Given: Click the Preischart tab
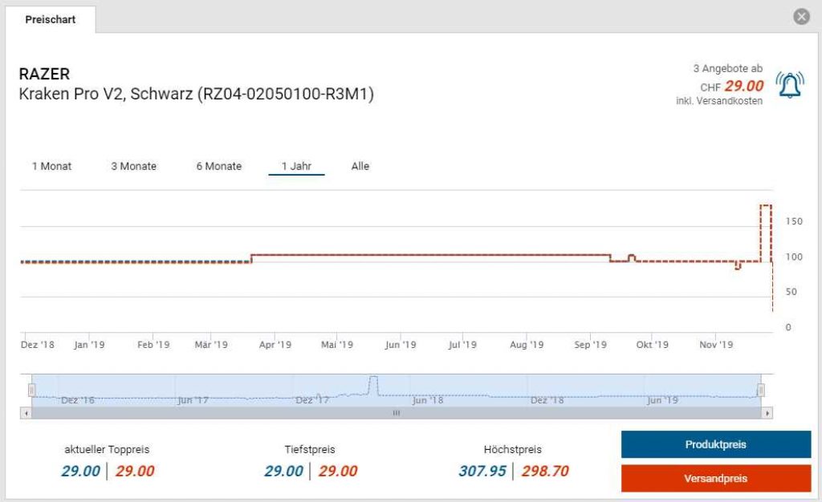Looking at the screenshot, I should pos(50,19).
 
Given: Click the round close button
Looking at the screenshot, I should pos(801,17).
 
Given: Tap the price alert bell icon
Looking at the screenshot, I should pos(789,85).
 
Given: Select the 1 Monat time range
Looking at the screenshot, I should pos(51,166).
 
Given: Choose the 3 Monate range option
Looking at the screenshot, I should pos(133,166).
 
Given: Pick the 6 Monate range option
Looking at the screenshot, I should pos(218,166).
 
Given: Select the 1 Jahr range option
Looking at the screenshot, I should pos(296,166).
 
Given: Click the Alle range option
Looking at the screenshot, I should pos(360,166).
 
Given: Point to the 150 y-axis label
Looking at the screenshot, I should pos(793,221).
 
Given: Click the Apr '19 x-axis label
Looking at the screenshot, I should pos(275,345).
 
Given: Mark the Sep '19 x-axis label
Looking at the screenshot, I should pos(590,345).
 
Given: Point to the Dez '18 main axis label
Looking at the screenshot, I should pos(37,345).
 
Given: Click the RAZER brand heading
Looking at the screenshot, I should pos(44,75).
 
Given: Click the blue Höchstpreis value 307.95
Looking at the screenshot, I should pos(482,471).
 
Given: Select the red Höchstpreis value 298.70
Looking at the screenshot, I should pos(545,471).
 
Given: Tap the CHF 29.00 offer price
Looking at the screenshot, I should pos(732,86).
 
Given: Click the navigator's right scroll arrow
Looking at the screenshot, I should pos(767,413).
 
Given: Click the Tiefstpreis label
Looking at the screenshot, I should pos(309,450).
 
